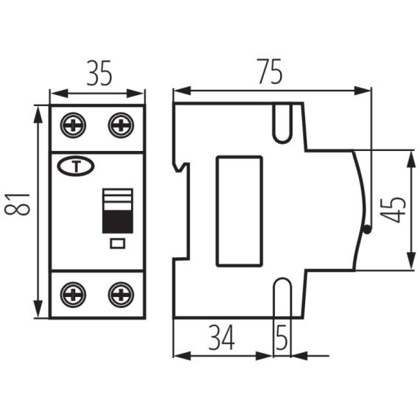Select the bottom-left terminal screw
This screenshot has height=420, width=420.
74,295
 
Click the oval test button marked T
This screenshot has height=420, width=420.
72,167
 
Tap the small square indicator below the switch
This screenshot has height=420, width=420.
117,243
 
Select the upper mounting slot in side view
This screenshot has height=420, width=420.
283,122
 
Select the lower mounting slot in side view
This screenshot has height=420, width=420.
283,298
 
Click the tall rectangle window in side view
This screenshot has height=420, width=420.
238,211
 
